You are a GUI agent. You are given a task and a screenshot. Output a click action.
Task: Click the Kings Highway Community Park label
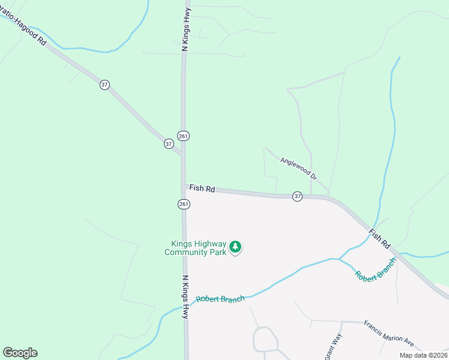coord(199,248)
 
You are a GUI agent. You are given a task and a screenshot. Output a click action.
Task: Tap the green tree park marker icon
coord(236,247)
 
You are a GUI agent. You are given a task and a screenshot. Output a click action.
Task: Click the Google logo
coord(20,353)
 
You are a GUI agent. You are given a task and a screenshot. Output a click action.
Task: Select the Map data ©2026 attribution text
coord(423,355)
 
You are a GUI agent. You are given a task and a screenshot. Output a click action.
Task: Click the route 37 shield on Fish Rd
coord(297,197)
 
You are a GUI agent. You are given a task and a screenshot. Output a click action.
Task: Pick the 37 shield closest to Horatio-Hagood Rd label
coord(105,85)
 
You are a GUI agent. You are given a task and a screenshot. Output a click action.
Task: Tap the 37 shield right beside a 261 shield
coord(169,144)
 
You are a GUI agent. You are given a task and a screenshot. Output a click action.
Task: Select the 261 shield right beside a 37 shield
coord(183,136)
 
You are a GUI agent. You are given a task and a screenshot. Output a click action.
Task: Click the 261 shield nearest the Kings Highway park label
coord(184,205)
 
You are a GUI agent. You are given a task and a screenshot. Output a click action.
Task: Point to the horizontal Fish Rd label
coord(202,188)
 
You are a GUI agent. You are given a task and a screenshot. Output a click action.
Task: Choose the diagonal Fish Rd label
coord(380,238)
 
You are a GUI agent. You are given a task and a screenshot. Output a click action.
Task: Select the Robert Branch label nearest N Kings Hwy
coord(220,298)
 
